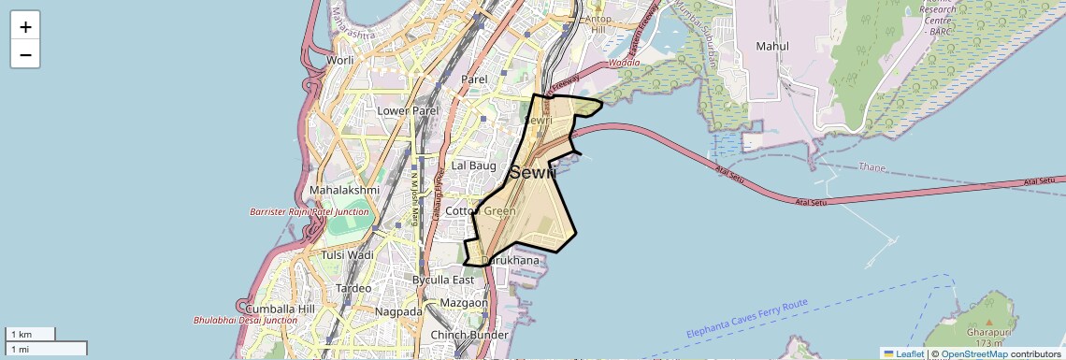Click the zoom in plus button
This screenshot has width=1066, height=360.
[x=25, y=26]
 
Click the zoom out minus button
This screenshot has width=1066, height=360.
[x=25, y=55]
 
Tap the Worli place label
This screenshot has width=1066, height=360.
[x=339, y=61]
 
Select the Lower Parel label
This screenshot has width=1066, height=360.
[x=408, y=110]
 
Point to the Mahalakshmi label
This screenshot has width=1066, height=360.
[x=345, y=190]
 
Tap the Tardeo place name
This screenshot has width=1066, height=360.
[x=353, y=288]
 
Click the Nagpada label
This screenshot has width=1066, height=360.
[x=398, y=310]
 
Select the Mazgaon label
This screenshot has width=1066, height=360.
[x=464, y=303]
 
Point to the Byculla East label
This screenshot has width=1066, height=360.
[x=443, y=280]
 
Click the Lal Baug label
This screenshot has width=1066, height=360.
[x=473, y=166]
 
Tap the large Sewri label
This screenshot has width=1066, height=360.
[x=533, y=172]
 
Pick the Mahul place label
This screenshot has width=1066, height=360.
[x=772, y=46]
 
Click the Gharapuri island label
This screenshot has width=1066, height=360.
[x=989, y=332]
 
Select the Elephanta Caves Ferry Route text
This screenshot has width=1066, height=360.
[x=746, y=319]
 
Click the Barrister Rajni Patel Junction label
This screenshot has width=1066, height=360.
[x=309, y=212]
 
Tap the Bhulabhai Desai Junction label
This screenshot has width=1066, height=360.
[x=246, y=320]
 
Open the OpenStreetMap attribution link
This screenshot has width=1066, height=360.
[x=973, y=353]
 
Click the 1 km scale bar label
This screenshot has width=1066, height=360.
[x=22, y=334]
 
